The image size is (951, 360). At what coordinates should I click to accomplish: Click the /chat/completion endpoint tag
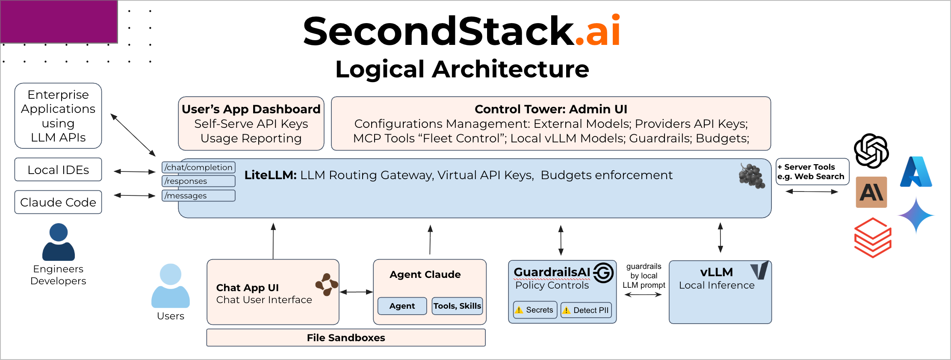click(198, 167)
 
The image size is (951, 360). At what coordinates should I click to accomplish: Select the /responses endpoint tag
click(198, 181)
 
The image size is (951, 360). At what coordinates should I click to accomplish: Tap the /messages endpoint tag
click(198, 195)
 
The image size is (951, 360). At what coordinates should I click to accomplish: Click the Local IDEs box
click(58, 170)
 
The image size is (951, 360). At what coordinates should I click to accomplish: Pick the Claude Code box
click(58, 202)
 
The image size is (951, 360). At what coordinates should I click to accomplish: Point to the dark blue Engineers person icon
click(59, 242)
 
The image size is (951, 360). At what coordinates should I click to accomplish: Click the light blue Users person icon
click(171, 286)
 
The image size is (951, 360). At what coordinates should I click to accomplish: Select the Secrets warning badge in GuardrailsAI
click(535, 310)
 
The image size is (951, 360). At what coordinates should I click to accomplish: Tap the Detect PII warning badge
click(586, 310)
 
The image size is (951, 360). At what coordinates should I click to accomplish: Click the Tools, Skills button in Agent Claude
click(457, 306)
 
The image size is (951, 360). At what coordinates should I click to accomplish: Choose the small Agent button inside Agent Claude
click(402, 306)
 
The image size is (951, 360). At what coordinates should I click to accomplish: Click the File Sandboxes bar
click(346, 338)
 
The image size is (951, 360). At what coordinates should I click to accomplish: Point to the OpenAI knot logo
click(871, 151)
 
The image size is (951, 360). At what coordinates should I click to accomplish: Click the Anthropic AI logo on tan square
click(871, 192)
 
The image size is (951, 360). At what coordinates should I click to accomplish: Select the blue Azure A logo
click(916, 172)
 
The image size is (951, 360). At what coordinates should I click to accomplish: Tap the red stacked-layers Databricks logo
click(872, 238)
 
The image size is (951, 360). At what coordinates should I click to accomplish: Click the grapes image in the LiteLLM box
click(751, 176)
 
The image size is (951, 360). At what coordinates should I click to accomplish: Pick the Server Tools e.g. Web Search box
click(812, 172)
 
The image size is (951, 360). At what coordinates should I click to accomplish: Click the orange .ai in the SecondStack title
click(598, 32)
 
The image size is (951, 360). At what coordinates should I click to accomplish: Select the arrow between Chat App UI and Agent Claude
click(356, 292)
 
